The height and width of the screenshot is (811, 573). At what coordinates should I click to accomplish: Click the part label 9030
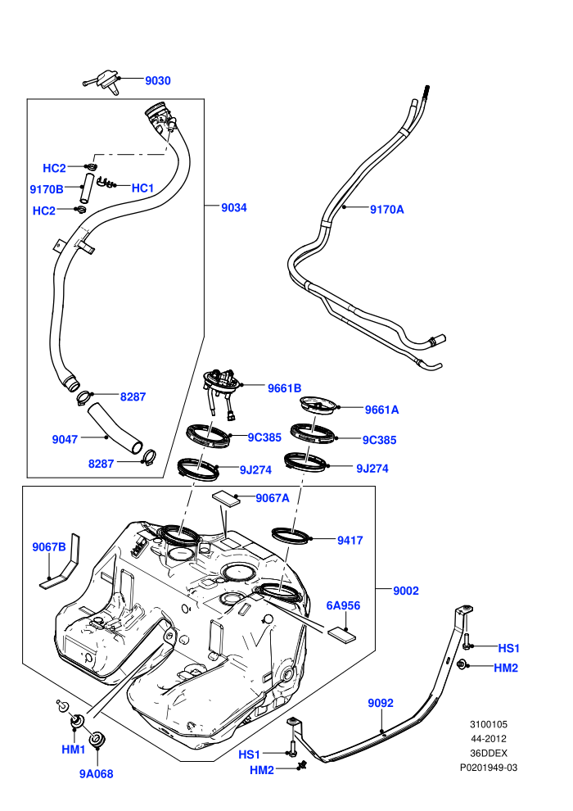(158, 80)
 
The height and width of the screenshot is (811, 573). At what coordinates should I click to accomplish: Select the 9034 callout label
(234, 207)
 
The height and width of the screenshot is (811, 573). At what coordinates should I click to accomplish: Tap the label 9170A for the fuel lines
(387, 210)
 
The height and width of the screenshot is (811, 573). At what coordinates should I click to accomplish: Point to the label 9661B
(284, 388)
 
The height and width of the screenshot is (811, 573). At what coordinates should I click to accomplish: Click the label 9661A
(381, 410)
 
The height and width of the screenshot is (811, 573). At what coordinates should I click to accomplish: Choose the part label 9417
(350, 541)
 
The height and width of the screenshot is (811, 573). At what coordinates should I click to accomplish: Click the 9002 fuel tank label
(406, 591)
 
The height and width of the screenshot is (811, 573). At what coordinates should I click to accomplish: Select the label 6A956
(343, 605)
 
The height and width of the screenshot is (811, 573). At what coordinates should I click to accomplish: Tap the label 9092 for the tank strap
(381, 703)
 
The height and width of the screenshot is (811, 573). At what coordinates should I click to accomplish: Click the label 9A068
(96, 774)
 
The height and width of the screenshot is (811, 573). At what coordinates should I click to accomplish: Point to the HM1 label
(74, 750)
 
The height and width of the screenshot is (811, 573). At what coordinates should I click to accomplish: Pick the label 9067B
(49, 546)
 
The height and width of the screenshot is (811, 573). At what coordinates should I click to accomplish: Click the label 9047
(65, 439)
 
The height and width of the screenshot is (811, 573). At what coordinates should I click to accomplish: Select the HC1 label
(142, 188)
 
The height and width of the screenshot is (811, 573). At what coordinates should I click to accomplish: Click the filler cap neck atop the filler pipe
(160, 117)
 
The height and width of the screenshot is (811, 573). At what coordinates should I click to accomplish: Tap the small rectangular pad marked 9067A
(226, 497)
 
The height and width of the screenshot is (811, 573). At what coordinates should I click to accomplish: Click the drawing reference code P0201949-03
(489, 768)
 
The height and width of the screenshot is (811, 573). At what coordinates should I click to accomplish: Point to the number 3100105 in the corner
(489, 724)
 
